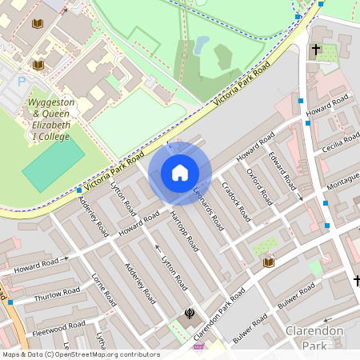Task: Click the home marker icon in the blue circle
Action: pos(180,173)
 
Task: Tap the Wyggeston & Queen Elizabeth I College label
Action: pos(50,120)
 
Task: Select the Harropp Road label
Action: pos(184,230)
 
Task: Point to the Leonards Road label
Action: pos(210,208)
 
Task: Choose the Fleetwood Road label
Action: pos(58,329)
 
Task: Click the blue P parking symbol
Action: pos(22,81)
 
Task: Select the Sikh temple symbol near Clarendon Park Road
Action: pos(190,314)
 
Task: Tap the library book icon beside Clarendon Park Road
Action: pos(269,262)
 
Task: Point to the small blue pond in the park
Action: pos(202,43)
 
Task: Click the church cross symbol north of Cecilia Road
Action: pos(316,50)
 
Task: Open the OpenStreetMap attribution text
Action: pos(80,354)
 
